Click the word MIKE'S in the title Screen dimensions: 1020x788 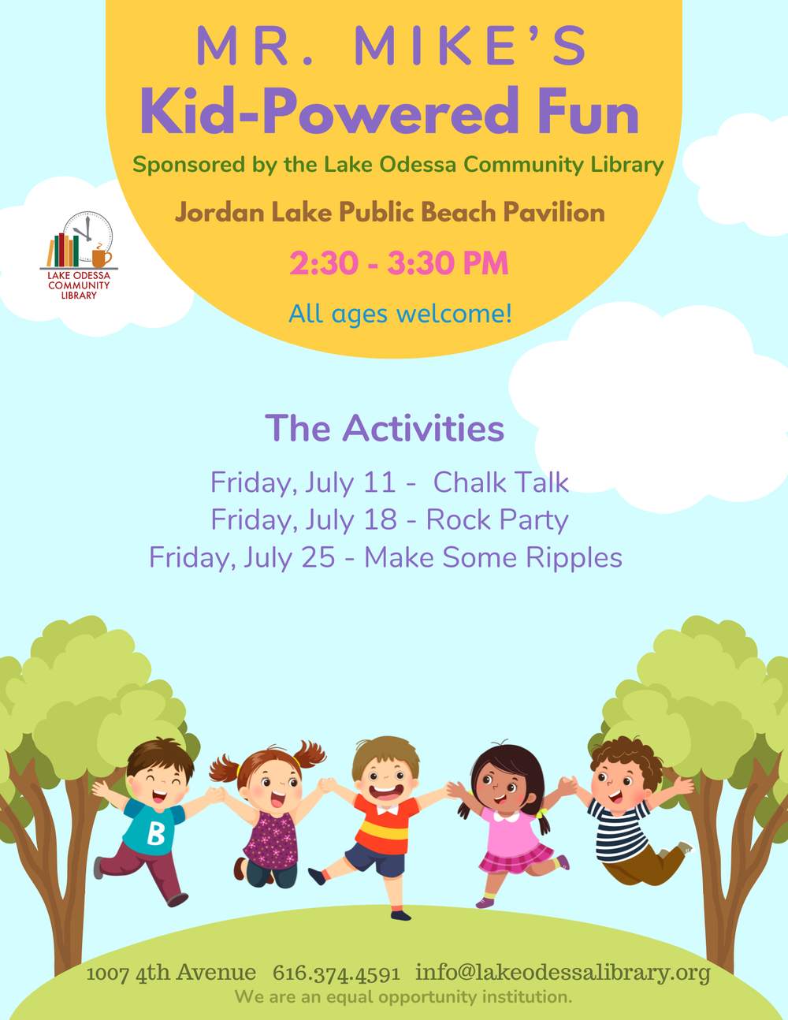coord(470,46)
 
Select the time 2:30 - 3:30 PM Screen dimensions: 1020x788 coord(399,263)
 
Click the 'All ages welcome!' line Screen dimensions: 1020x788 coord(400,314)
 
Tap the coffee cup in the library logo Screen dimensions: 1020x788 coord(101,257)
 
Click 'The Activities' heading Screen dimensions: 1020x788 coord(385,428)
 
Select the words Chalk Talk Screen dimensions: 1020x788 coord(500,482)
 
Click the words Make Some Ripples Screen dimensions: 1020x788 coord(493,557)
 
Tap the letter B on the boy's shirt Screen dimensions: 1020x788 coord(156,833)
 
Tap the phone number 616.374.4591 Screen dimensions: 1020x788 coord(336,973)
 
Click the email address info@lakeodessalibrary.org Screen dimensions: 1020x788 coord(563,972)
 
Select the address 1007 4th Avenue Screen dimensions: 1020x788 coord(171,973)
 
